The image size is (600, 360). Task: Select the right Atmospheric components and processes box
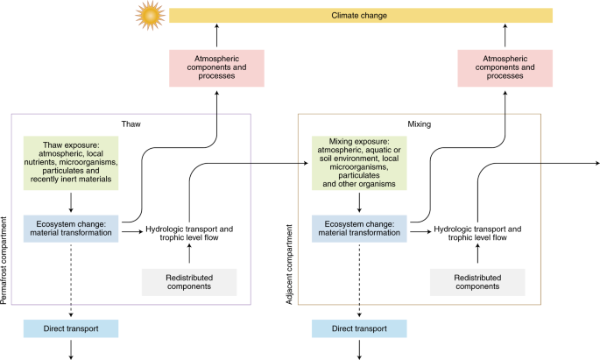click(x=505, y=69)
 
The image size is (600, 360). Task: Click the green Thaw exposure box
click(x=80, y=161)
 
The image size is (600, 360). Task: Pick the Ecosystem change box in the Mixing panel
click(x=364, y=227)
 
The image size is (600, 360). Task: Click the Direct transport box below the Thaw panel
click(x=69, y=328)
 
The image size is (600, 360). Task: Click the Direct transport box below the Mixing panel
click(x=358, y=328)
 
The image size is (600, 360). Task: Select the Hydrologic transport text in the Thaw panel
click(x=190, y=233)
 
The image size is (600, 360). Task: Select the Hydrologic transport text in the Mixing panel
click(x=477, y=233)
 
